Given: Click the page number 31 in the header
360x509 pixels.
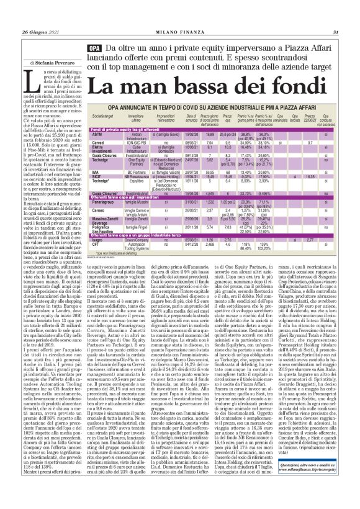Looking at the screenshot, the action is pos(336,32).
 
